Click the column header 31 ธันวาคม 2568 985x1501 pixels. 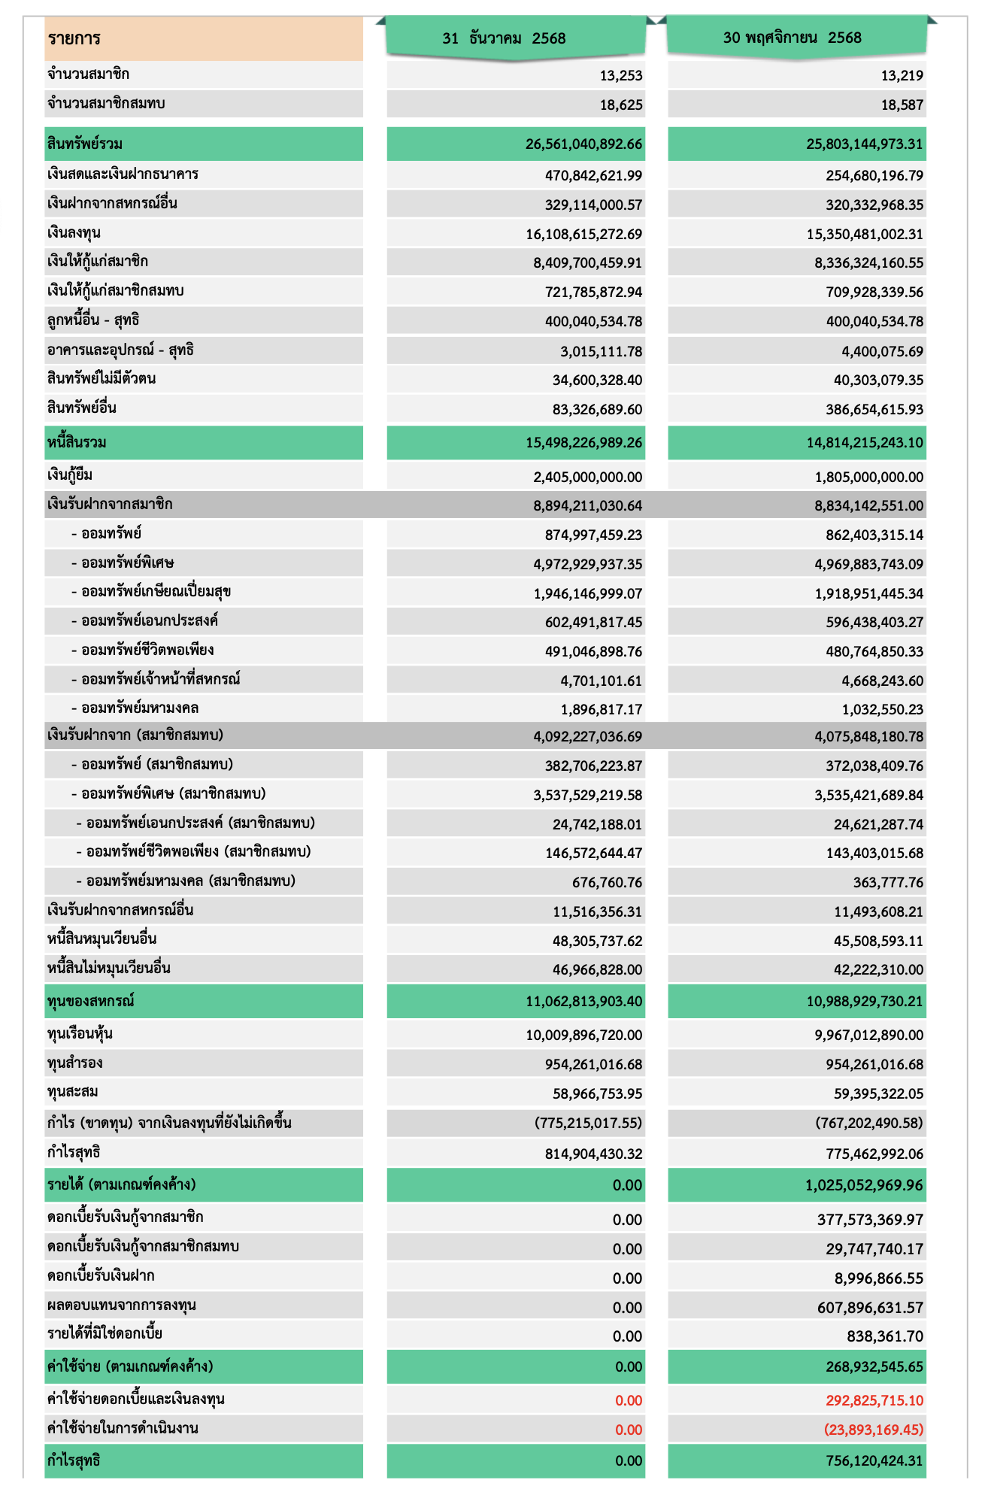(504, 38)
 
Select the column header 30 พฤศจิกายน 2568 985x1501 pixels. (792, 38)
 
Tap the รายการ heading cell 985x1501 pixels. (74, 38)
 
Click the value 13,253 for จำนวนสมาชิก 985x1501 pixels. (621, 75)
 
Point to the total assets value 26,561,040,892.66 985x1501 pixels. (583, 144)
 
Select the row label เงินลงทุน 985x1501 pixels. (74, 233)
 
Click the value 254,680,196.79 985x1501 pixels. (874, 176)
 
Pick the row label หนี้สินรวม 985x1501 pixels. (77, 442)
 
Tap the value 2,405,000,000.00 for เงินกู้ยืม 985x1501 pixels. (587, 477)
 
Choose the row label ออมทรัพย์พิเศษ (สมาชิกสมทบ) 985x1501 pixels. (173, 794)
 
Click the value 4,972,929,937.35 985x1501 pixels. (588, 564)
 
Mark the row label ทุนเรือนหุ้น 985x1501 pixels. (80, 1034)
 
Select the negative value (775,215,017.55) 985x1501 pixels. (588, 1123)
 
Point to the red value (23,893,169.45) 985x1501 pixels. (873, 1429)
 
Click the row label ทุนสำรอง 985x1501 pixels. (74, 1063)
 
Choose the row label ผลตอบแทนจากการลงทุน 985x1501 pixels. (121, 1305)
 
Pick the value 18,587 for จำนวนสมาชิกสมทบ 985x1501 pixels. (902, 105)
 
